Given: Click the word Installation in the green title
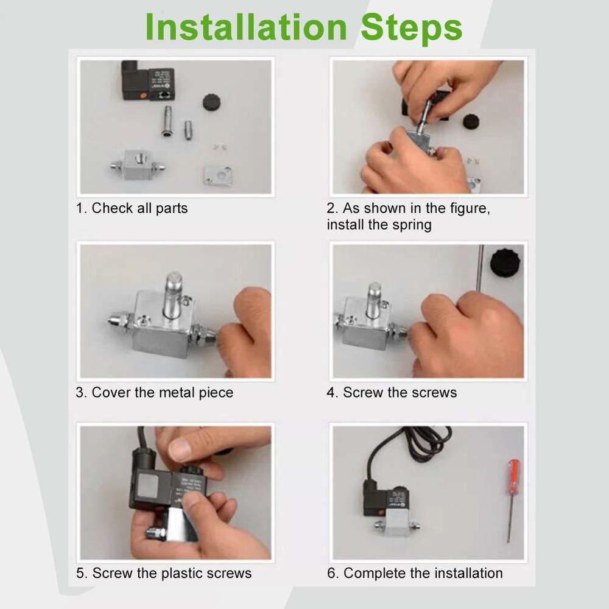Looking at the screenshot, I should [x=245, y=27].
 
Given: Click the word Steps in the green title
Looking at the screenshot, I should [x=411, y=27].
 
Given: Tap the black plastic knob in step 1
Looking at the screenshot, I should [x=211, y=101].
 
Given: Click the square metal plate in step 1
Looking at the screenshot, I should [x=217, y=175].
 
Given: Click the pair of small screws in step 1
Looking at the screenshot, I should [x=218, y=147].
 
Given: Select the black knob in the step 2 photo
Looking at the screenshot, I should [x=471, y=121].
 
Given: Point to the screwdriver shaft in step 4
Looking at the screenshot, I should [x=481, y=268].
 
